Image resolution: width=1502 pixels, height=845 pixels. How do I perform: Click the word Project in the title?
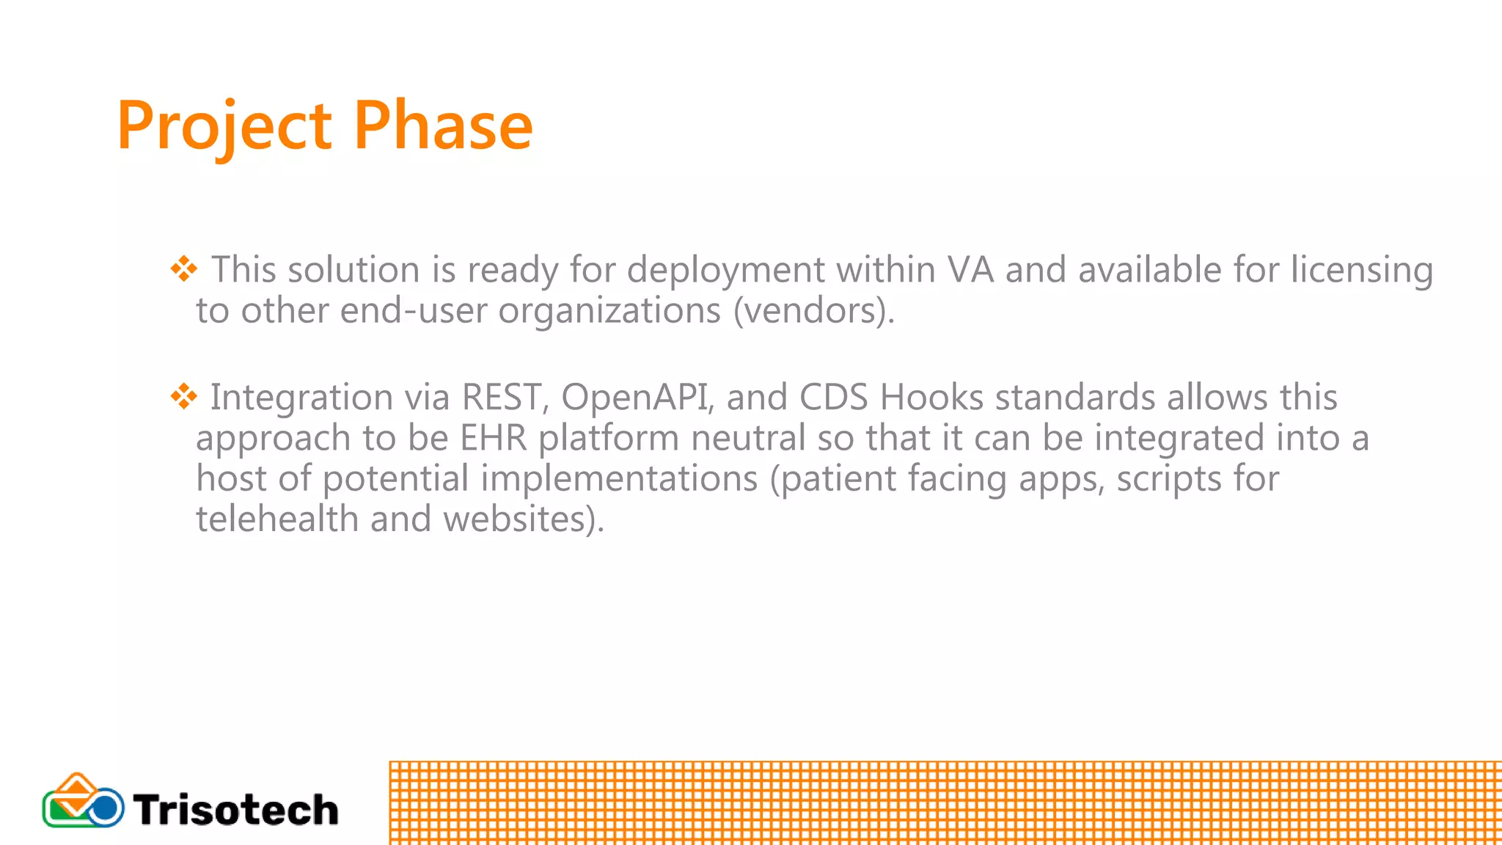pyautogui.click(x=224, y=126)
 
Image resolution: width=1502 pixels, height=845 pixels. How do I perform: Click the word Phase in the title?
pyautogui.click(x=443, y=126)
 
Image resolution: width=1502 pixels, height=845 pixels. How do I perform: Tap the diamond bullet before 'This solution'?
pyautogui.click(x=184, y=268)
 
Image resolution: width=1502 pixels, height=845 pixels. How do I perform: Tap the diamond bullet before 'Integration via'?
pyautogui.click(x=184, y=396)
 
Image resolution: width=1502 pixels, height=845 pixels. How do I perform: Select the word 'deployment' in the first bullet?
pyautogui.click(x=725, y=270)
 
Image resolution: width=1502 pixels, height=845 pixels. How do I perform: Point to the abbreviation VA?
pyautogui.click(x=970, y=269)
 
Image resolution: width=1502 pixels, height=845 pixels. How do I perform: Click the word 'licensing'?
pyautogui.click(x=1361, y=270)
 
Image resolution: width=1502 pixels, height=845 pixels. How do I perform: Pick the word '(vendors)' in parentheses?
pyautogui.click(x=813, y=310)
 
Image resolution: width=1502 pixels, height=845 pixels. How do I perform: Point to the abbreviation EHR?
pyautogui.click(x=493, y=438)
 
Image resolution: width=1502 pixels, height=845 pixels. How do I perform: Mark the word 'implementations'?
pyautogui.click(x=619, y=478)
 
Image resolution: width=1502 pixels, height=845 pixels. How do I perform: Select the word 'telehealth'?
pyautogui.click(x=277, y=519)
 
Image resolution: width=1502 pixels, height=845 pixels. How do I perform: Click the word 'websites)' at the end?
pyautogui.click(x=524, y=519)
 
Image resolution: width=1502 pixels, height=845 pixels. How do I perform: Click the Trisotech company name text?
pyautogui.click(x=235, y=810)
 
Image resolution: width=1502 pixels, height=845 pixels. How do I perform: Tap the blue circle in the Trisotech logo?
pyautogui.click(x=105, y=808)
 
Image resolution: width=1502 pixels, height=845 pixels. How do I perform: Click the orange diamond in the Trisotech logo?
pyautogui.click(x=76, y=788)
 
